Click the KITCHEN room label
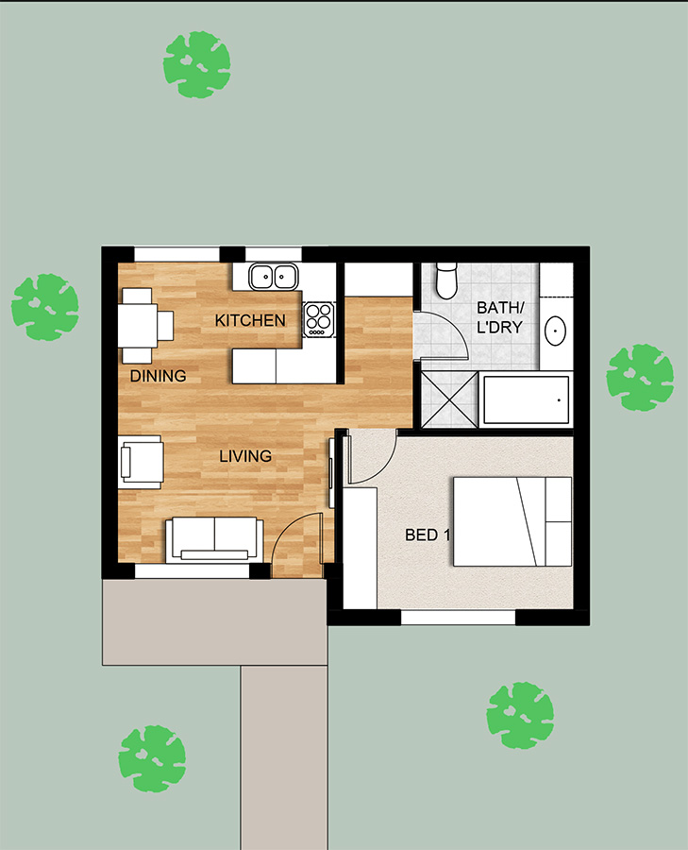250,320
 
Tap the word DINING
159,376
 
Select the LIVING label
245,456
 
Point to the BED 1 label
428,535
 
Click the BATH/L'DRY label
499,317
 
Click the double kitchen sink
274,277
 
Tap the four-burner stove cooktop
319,319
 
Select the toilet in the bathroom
447,280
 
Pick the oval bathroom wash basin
555,330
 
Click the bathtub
526,400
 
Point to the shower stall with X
449,399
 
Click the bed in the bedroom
512,521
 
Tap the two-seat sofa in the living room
214,539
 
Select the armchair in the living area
141,462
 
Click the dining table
138,325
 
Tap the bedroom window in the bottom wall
458,617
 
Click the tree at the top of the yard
196,64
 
